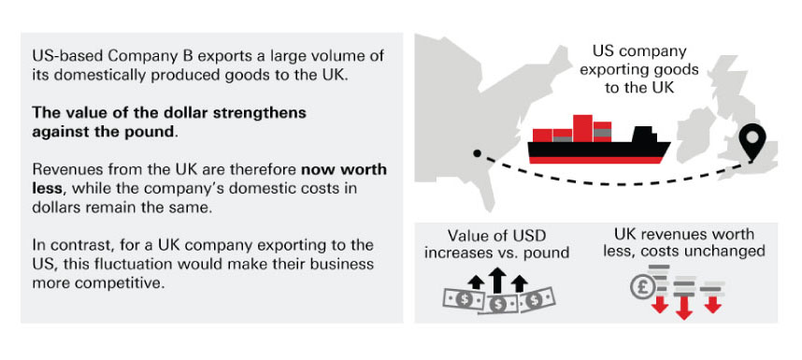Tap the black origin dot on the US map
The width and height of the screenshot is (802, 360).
point(477,153)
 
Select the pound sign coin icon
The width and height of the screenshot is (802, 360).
point(644,287)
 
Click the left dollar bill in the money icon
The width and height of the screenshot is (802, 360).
point(464,298)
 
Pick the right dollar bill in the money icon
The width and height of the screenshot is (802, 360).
point(535,298)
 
